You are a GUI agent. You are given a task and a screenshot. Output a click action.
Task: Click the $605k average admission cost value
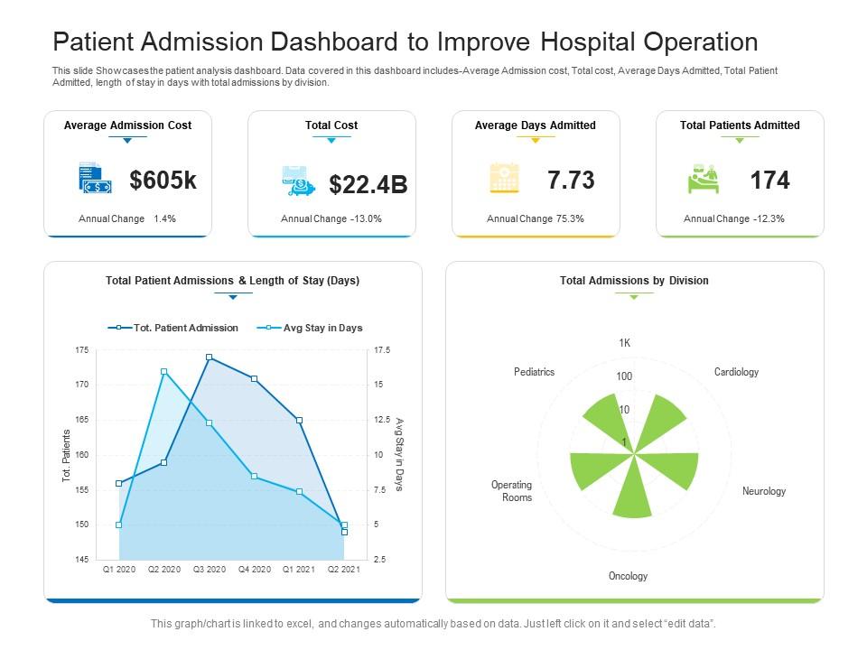pos(163,181)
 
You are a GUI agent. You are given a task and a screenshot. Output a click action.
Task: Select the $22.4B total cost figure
pos(368,185)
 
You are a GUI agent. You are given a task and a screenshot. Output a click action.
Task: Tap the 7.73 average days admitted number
pos(571,181)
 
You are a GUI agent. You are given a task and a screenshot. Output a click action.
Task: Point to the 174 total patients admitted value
pos(769,181)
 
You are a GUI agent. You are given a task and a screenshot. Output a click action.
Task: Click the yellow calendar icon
pos(504,179)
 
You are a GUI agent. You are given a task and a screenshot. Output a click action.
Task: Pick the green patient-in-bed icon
pos(704,179)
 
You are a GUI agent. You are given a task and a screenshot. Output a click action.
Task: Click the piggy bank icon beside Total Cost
pos(298,181)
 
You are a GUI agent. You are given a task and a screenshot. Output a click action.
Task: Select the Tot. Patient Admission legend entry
pos(173,328)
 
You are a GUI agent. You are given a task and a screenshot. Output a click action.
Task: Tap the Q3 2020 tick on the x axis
pos(210,570)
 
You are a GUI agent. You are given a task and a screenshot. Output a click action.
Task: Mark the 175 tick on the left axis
pos(82,350)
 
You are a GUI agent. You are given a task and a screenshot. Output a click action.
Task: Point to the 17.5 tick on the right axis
pos(379,350)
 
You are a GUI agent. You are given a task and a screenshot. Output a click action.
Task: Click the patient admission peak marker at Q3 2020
pos(210,357)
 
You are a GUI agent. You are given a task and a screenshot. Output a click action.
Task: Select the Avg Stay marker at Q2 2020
pos(163,372)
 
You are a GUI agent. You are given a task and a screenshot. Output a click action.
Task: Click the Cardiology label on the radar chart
pos(736,372)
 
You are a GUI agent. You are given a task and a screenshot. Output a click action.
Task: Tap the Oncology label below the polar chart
pos(628,576)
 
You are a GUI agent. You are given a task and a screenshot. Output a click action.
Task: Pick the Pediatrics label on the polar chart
pos(535,372)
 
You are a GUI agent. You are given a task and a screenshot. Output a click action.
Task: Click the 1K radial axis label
pos(625,343)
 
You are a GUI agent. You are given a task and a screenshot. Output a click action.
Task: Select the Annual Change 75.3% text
pos(536,218)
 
